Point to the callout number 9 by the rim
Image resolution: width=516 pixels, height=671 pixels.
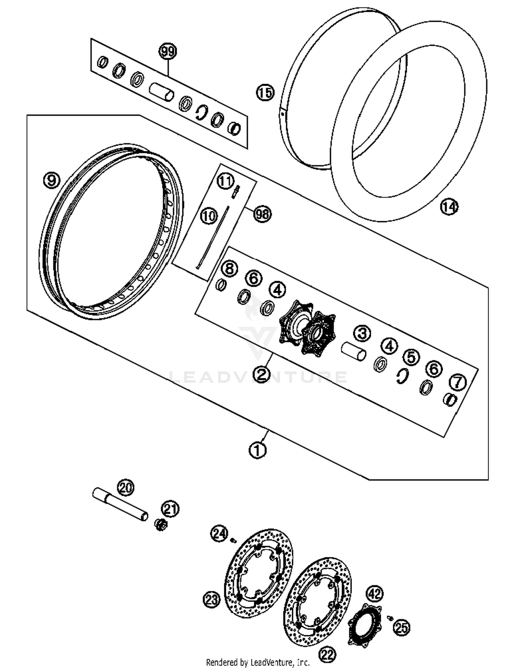[x=52, y=180]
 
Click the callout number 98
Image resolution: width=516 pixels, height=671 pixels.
[x=262, y=214]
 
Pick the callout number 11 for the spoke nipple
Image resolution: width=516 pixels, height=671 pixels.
[x=226, y=181]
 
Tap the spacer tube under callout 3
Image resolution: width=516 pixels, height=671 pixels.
[x=353, y=351]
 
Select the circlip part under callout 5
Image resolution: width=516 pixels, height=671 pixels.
[x=401, y=376]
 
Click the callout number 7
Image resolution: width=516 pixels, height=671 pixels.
[x=458, y=382]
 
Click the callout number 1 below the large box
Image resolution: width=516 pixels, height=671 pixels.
[x=258, y=450]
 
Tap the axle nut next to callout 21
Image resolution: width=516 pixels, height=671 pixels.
[x=160, y=525]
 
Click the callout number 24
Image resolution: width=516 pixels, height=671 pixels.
[x=219, y=534]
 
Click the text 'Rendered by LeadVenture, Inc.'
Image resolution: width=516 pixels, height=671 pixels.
[x=258, y=662]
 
